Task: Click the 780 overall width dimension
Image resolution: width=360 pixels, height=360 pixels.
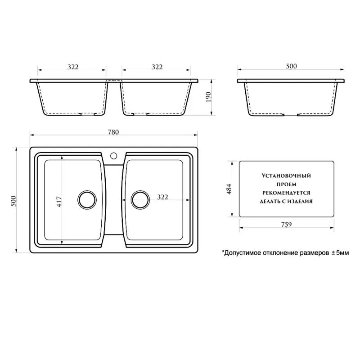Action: click(113, 132)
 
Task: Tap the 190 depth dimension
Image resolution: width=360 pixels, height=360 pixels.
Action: click(208, 97)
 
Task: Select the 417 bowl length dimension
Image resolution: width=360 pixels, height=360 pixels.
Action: click(59, 202)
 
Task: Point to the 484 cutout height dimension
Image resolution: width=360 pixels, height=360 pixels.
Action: click(229, 189)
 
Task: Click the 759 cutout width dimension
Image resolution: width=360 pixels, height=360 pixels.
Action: click(286, 224)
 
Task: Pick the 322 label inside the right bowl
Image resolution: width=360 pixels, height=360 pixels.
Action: click(162, 197)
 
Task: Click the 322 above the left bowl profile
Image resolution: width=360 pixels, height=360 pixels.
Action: click(73, 67)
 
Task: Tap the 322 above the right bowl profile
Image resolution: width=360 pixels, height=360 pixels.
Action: click(157, 67)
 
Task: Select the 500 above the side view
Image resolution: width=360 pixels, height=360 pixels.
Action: click(291, 66)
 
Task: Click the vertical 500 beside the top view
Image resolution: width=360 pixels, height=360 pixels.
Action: click(14, 201)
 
